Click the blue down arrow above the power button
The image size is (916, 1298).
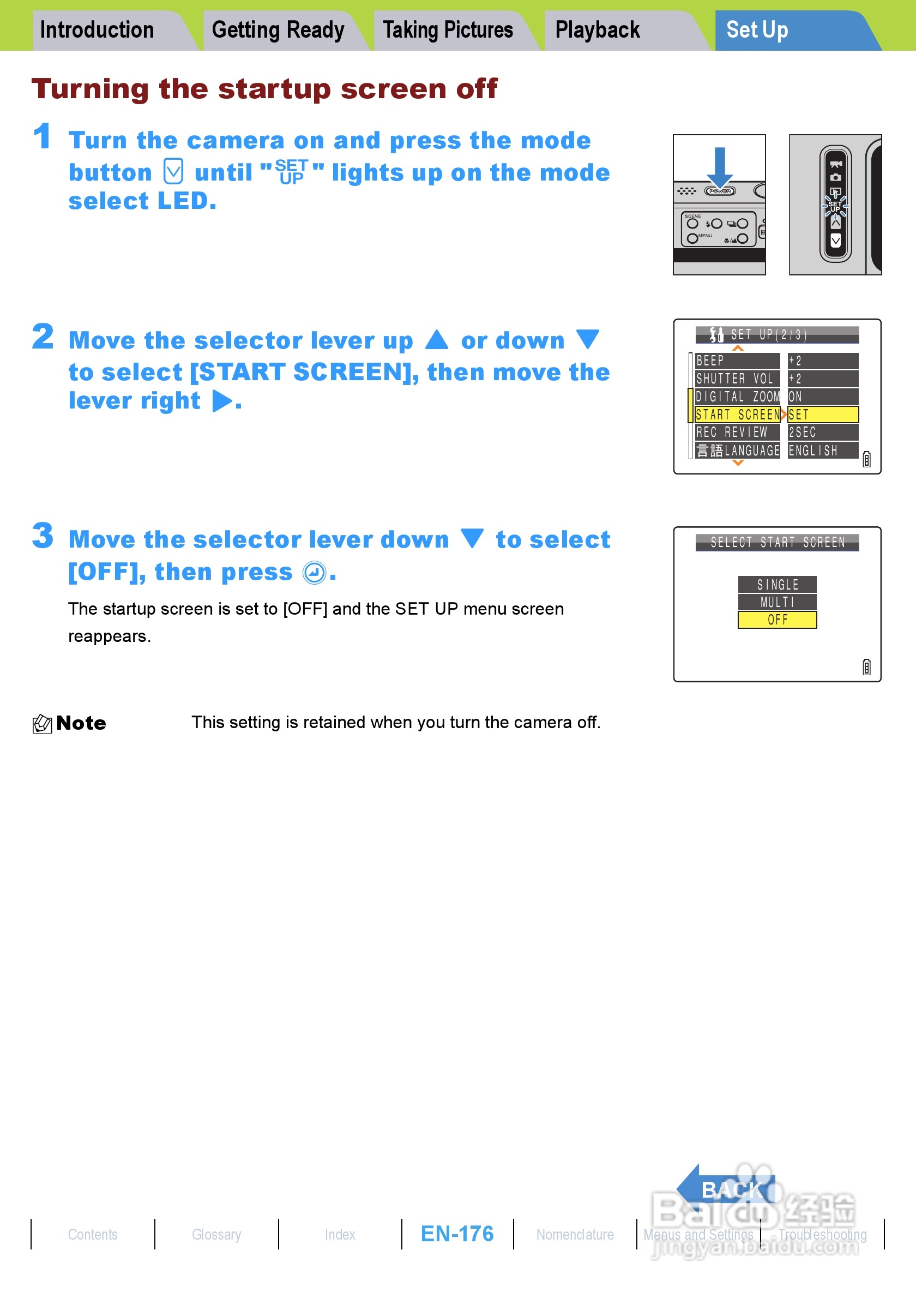tap(719, 167)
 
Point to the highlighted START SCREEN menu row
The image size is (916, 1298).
tap(737, 414)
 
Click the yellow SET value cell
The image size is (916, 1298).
tap(823, 414)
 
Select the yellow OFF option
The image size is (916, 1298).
tap(777, 620)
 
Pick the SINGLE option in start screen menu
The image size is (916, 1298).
tap(777, 584)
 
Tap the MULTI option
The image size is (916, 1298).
tap(777, 602)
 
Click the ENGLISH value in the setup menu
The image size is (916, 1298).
tap(823, 450)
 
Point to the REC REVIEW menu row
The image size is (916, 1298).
tap(737, 432)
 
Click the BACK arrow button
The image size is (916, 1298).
tap(726, 1189)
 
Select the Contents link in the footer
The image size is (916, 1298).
tap(93, 1235)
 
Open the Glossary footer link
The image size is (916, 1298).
tap(216, 1235)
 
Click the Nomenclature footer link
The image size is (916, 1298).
tap(575, 1235)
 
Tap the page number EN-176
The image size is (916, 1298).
tap(457, 1234)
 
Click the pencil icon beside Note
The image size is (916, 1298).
tap(42, 723)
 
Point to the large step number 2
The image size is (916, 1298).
tap(43, 337)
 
